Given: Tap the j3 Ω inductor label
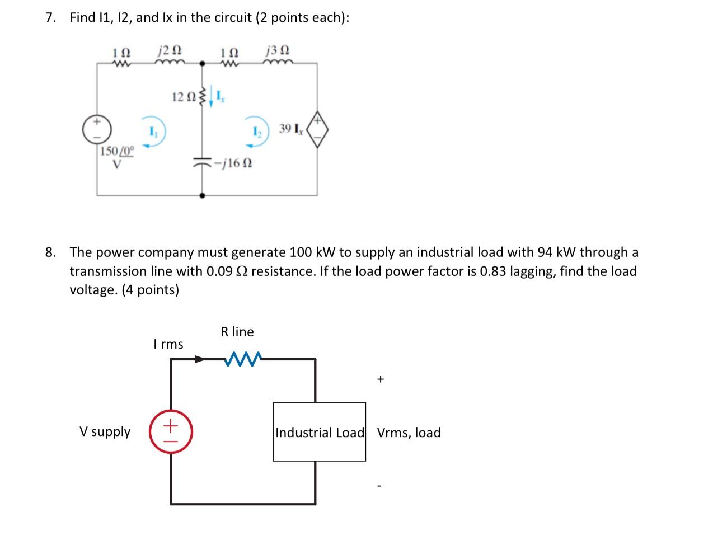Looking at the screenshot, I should click(278, 50).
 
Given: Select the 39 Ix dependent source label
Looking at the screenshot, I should click(290, 129).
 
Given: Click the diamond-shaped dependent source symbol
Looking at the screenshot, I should click(317, 129).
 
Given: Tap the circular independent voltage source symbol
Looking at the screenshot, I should click(97, 129).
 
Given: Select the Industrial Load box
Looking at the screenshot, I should click(319, 431).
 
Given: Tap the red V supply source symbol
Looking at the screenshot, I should click(171, 433).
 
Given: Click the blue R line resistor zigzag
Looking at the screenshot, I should click(242, 359).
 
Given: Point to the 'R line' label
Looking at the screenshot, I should click(237, 332).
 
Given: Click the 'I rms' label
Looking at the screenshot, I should click(168, 344).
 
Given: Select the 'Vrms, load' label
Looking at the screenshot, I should click(409, 433).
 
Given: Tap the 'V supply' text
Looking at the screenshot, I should click(105, 431).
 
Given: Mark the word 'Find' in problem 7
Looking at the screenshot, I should click(82, 17).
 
